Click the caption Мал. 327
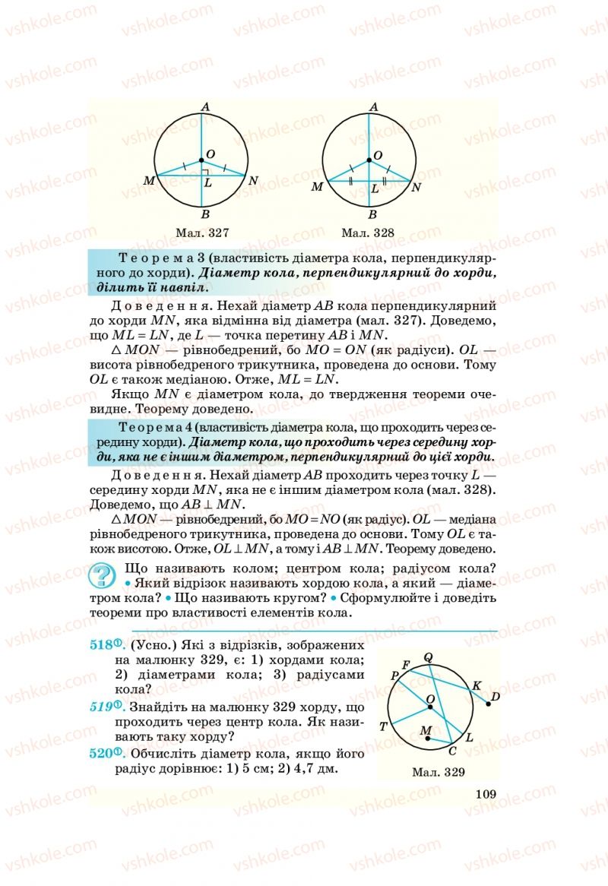pyautogui.click(x=201, y=233)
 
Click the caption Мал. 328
pyautogui.click(x=369, y=233)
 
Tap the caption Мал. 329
pyautogui.click(x=438, y=772)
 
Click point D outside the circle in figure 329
pyautogui.click(x=489, y=703)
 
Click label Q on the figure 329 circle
pyautogui.click(x=428, y=657)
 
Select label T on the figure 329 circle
pyautogui.click(x=384, y=726)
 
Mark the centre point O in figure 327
pyautogui.click(x=201, y=160)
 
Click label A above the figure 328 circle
pyautogui.click(x=372, y=107)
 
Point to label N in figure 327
pyautogui.click(x=254, y=181)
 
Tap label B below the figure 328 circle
pyautogui.click(x=372, y=215)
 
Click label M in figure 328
pyautogui.click(x=316, y=186)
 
